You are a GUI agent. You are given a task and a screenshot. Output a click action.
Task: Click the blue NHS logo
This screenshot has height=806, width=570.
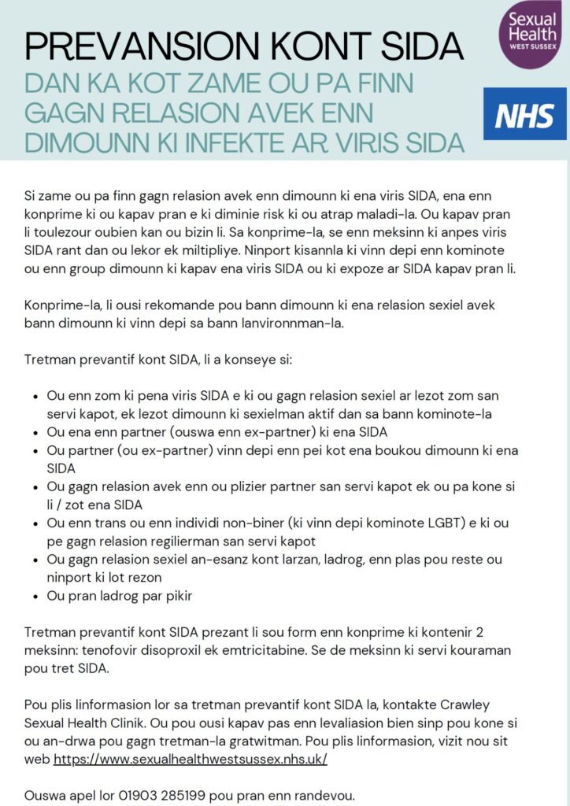[524, 115]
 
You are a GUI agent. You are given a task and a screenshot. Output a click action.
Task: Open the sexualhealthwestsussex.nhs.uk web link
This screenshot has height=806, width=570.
[190, 760]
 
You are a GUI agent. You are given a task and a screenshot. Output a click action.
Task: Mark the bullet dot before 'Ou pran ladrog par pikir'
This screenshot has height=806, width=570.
[30, 596]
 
